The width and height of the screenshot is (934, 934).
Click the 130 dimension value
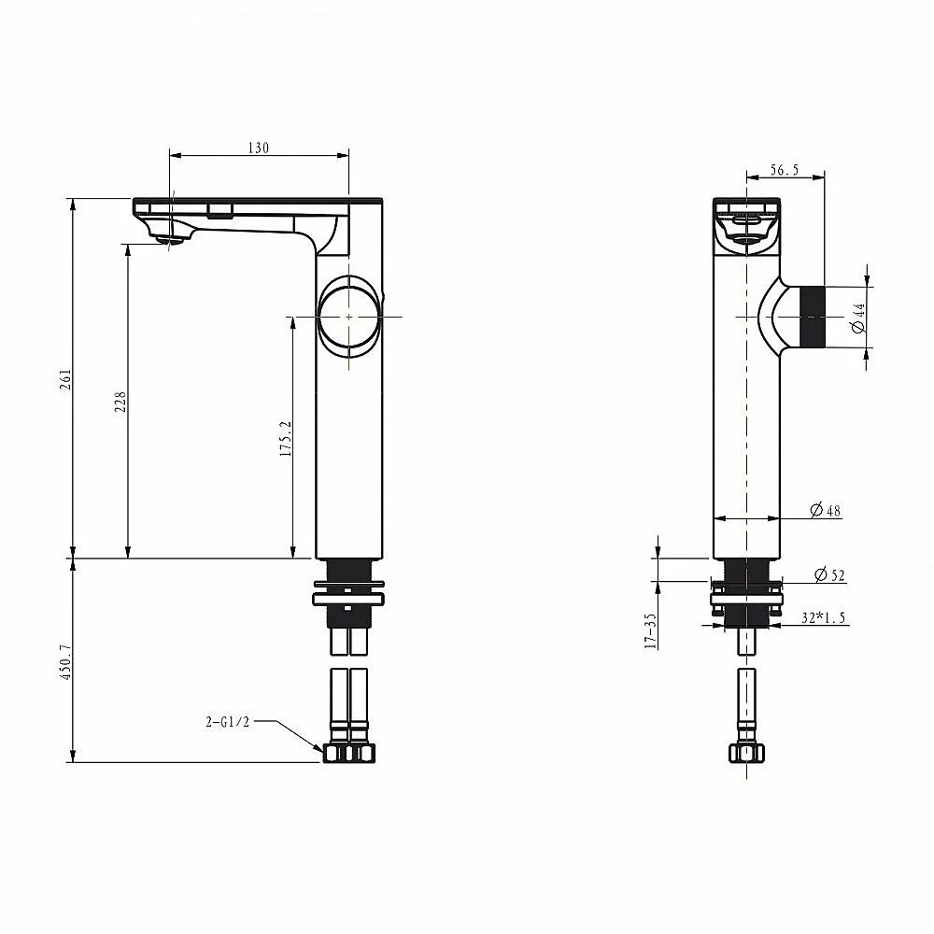[x=259, y=148]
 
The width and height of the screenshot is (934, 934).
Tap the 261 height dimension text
[x=65, y=379]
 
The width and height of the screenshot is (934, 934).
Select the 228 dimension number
[x=120, y=402]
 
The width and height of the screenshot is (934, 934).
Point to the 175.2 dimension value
[x=286, y=438]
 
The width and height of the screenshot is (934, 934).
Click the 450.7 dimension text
[x=65, y=661]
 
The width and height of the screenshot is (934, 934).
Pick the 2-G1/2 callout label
[x=228, y=722]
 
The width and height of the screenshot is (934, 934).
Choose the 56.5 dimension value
[x=784, y=170]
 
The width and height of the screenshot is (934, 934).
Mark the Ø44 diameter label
[x=858, y=318]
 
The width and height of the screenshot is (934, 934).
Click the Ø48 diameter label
[x=826, y=510]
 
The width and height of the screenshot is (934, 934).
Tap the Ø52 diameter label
[x=829, y=574]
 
